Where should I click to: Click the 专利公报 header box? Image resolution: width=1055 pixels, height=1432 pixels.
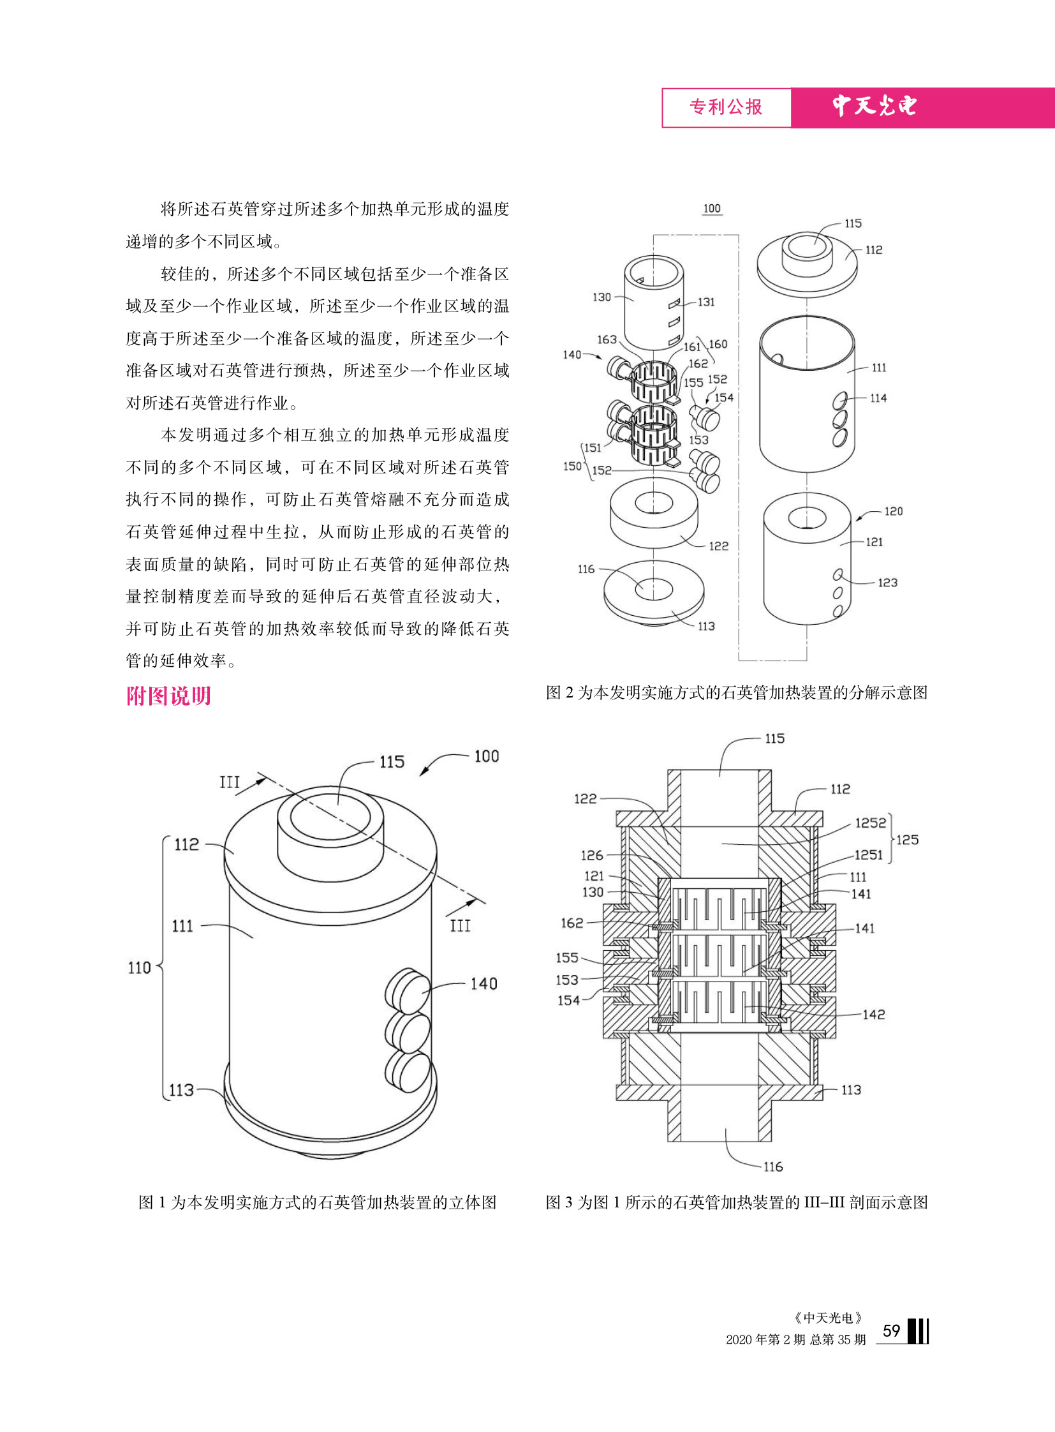(726, 107)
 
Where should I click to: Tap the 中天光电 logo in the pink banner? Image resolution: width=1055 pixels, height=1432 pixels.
(874, 106)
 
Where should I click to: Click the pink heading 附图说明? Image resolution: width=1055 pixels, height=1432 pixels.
(168, 696)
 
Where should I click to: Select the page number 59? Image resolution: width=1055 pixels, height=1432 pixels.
(891, 1331)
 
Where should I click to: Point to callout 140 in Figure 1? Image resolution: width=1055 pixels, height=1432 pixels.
(483, 984)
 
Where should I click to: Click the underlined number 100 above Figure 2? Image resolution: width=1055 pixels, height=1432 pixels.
(711, 208)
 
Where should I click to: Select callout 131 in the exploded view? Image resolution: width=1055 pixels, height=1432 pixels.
(705, 302)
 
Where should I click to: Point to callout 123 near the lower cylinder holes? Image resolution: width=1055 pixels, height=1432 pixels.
(887, 583)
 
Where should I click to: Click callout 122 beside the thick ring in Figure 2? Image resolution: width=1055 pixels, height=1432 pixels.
(718, 546)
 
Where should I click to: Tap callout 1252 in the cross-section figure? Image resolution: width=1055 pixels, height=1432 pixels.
(871, 823)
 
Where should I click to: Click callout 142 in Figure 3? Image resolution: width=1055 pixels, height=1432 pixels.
(873, 1015)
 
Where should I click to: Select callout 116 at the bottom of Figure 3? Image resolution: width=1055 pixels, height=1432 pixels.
(772, 1167)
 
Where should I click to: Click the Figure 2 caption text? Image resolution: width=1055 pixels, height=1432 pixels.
(736, 692)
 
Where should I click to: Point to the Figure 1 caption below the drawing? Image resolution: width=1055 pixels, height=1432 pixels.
(318, 1203)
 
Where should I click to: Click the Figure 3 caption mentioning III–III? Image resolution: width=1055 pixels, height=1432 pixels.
(736, 1203)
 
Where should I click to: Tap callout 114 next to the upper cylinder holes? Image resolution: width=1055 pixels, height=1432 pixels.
(878, 398)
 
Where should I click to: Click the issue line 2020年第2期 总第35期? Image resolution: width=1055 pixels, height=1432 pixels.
(796, 1339)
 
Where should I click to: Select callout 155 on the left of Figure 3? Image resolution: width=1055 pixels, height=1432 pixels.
(567, 958)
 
